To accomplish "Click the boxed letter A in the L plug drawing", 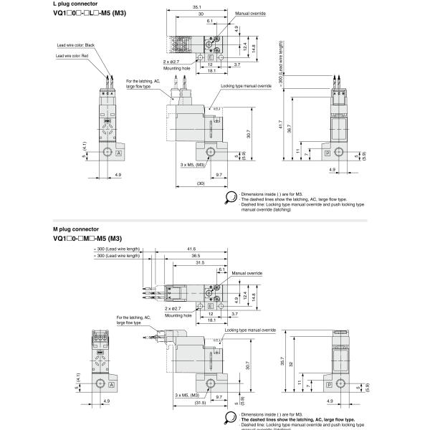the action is pyautogui.click(x=119, y=155).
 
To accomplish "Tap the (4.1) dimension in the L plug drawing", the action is pyautogui.click(x=85, y=132).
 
